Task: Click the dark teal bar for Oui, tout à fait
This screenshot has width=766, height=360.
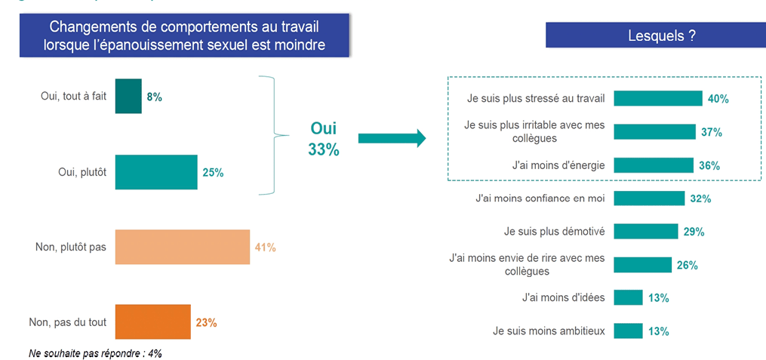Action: [128, 96]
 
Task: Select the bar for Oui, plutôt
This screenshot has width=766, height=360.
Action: [156, 172]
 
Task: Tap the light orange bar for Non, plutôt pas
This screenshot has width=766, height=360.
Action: [182, 247]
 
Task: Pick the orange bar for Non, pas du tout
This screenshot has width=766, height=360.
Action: [152, 322]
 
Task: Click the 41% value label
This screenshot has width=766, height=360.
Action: [266, 247]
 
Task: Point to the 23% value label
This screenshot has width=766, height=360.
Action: [206, 322]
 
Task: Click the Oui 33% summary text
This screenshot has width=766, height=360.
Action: [323, 139]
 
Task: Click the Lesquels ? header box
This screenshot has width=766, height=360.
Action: [655, 35]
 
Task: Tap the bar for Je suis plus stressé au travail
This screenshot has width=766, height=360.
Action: [657, 98]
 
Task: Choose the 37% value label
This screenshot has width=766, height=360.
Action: [711, 132]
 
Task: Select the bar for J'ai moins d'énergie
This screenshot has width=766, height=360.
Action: [653, 165]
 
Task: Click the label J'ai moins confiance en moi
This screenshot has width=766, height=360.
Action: [540, 199]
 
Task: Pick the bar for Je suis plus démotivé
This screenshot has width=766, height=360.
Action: [645, 231]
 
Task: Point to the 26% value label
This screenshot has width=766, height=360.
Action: [687, 265]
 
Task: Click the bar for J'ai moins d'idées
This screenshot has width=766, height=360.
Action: [628, 297]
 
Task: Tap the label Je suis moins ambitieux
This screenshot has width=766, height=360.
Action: [549, 331]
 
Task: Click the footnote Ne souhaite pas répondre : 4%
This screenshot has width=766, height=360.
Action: [95, 352]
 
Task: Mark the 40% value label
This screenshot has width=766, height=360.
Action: [718, 99]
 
